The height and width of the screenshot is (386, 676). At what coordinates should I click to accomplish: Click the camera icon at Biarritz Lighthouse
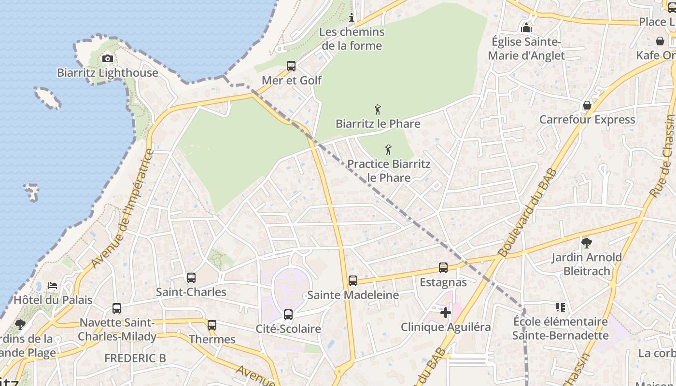pyautogui.click(x=107, y=59)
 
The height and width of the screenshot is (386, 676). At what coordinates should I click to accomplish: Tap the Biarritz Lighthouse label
pyautogui.click(x=107, y=73)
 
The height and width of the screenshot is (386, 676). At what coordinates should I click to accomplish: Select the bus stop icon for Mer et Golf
pyautogui.click(x=291, y=66)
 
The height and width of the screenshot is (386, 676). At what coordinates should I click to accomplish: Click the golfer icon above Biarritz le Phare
pyautogui.click(x=378, y=110)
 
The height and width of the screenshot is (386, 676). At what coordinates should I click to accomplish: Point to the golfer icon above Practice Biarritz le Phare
pyautogui.click(x=388, y=150)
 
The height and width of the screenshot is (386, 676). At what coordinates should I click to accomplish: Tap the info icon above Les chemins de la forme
pyautogui.click(x=352, y=18)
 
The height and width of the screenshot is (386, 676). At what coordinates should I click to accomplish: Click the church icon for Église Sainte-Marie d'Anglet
pyautogui.click(x=526, y=28)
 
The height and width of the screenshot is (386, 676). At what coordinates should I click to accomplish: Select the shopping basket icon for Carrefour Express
pyautogui.click(x=587, y=105)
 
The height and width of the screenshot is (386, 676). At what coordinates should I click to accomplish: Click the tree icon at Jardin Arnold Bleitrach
pyautogui.click(x=587, y=243)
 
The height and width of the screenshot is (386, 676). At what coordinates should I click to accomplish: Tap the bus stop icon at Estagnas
pyautogui.click(x=443, y=268)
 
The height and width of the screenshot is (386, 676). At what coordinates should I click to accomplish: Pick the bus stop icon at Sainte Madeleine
pyautogui.click(x=353, y=281)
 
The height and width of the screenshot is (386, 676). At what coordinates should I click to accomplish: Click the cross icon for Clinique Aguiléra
pyautogui.click(x=445, y=313)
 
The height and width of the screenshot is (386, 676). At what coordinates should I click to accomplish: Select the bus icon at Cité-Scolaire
pyautogui.click(x=288, y=315)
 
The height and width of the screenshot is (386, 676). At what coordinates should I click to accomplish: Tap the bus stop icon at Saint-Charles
pyautogui.click(x=191, y=278)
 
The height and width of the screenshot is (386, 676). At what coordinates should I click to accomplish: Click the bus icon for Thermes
pyautogui.click(x=212, y=325)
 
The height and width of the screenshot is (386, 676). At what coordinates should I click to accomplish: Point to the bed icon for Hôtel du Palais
pyautogui.click(x=53, y=286)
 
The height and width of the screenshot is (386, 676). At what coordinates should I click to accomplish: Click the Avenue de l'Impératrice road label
pyautogui.click(x=123, y=209)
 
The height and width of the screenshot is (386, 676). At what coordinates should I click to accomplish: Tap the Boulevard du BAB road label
pyautogui.click(x=527, y=212)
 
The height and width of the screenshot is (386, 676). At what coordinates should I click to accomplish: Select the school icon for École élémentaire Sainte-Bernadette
pyautogui.click(x=560, y=307)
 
